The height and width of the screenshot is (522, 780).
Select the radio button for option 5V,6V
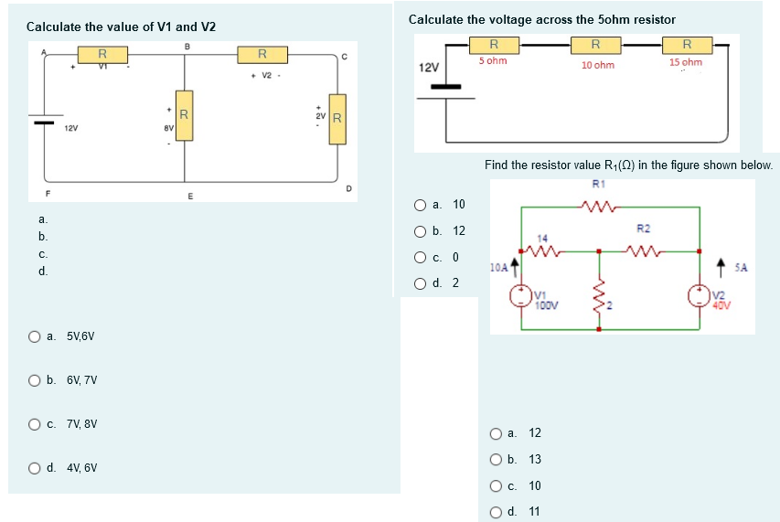[x=34, y=336]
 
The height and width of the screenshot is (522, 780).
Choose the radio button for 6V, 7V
[x=34, y=380]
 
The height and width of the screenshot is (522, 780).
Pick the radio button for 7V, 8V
[x=34, y=424]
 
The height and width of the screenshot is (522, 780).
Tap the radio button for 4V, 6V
[x=34, y=468]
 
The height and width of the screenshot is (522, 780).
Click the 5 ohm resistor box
[x=494, y=44]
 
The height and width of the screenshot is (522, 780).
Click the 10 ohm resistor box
[x=595, y=44]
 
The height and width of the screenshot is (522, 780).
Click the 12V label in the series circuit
[x=428, y=69]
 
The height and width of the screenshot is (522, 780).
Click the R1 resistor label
[x=599, y=184]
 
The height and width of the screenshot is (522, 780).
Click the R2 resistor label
[x=643, y=228]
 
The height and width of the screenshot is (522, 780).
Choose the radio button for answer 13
[x=496, y=459]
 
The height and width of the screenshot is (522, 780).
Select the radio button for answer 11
[x=496, y=511]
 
